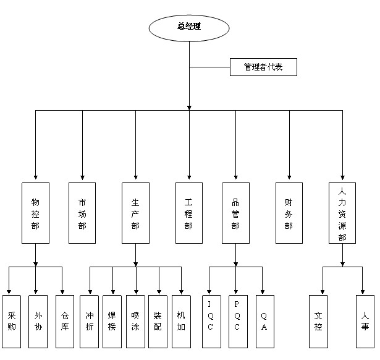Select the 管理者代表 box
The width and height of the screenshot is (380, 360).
click(x=263, y=67)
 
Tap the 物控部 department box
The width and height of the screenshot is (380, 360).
click(x=35, y=213)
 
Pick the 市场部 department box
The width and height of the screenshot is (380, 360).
click(x=82, y=213)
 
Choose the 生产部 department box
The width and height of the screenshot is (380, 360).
click(x=135, y=213)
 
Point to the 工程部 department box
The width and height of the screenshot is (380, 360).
click(x=188, y=213)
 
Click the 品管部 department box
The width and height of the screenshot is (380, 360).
click(x=235, y=213)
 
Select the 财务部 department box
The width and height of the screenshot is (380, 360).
click(x=289, y=213)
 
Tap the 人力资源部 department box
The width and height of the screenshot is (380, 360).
click(x=342, y=213)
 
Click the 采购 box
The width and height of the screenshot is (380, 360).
click(x=11, y=322)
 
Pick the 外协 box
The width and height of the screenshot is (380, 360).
click(x=38, y=322)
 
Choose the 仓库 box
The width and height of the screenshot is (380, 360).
click(x=64, y=322)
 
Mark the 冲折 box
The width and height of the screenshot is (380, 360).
click(x=90, y=322)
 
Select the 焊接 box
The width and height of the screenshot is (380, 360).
click(x=112, y=322)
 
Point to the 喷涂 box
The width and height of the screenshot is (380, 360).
click(x=135, y=322)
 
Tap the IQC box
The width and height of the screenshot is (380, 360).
click(x=210, y=322)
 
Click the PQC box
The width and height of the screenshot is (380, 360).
click(x=237, y=322)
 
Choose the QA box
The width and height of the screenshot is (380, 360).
click(x=264, y=322)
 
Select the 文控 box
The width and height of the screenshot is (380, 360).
click(x=318, y=322)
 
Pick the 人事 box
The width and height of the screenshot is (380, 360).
click(x=365, y=322)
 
